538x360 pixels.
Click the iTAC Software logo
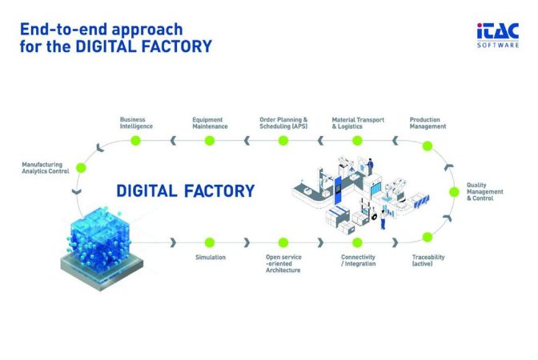497,35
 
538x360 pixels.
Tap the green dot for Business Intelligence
136,141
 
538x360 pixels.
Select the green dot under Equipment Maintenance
210,141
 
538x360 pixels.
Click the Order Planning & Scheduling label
283,123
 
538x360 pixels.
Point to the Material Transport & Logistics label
358,123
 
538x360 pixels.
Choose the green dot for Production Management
428,146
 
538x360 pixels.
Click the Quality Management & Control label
484,192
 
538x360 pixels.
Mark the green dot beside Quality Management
454,192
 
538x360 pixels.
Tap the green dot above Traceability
428,237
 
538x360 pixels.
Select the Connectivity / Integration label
358,260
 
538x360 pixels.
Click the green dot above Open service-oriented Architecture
283,242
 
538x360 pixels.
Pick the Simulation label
211,257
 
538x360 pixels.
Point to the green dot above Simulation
210,242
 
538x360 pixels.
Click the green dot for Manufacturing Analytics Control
81,168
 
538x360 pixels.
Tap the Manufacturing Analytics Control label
46,168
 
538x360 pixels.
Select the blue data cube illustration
102,248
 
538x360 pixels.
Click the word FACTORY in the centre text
219,191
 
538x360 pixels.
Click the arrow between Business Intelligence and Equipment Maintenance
173,141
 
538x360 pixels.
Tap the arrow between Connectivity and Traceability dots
395,242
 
